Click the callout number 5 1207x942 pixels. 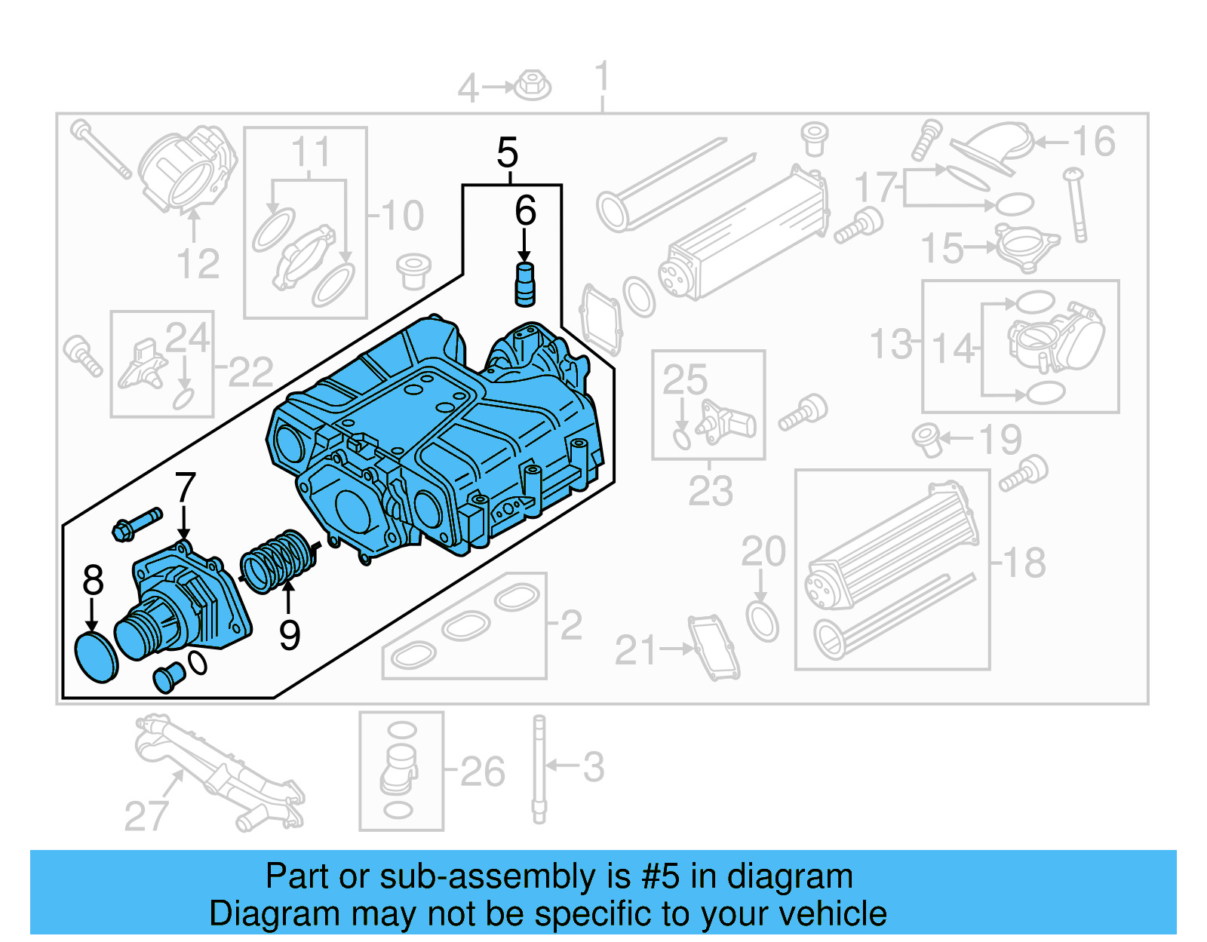(x=508, y=153)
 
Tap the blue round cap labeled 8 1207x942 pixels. (x=97, y=658)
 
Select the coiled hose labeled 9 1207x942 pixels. (x=278, y=562)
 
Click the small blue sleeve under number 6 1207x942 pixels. (x=524, y=284)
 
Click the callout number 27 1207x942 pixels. (x=146, y=816)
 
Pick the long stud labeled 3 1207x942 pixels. (x=539, y=769)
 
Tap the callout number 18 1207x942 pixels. (x=1024, y=563)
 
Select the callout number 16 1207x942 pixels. (x=1093, y=142)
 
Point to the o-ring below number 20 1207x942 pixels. (x=762, y=621)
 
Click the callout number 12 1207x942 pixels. (x=198, y=264)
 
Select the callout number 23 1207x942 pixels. (x=710, y=492)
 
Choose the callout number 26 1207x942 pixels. (x=481, y=772)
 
